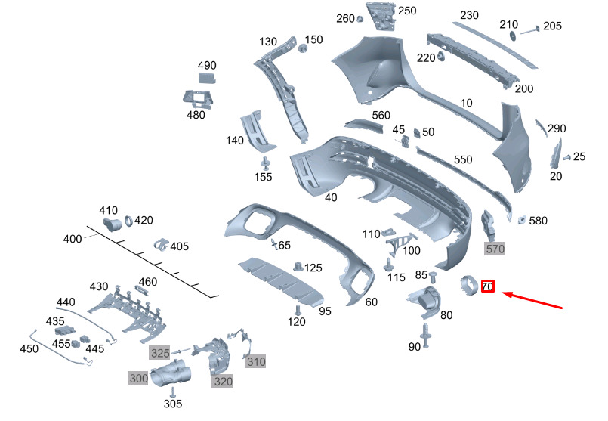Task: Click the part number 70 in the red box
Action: [x=488, y=286]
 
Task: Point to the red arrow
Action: [x=532, y=300]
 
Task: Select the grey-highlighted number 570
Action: [x=495, y=249]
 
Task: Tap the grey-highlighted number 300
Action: [x=138, y=378]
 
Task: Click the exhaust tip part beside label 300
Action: [x=171, y=373]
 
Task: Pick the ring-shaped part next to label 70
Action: [x=470, y=286]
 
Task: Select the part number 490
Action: [x=207, y=65]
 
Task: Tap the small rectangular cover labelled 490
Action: [x=207, y=78]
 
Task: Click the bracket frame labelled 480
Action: [x=198, y=99]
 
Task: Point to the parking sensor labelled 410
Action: [x=112, y=224]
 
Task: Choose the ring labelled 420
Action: [x=128, y=221]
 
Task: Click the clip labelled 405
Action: [x=161, y=245]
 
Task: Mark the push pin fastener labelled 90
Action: [x=426, y=335]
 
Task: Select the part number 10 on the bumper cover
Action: [x=467, y=103]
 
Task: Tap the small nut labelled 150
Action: [x=302, y=48]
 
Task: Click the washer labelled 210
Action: [x=513, y=36]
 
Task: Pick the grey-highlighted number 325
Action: [x=160, y=353]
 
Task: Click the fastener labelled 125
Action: [x=298, y=268]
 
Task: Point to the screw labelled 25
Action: [x=566, y=157]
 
